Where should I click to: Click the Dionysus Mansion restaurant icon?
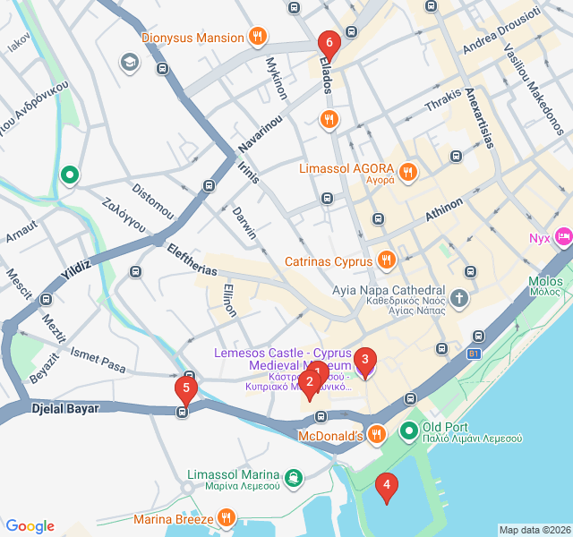(x=258, y=38)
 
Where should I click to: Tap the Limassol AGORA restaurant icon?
(x=408, y=170)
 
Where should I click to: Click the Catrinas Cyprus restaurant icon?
(x=386, y=261)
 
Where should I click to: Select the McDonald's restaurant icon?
(x=376, y=435)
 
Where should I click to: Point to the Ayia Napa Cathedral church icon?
(x=459, y=297)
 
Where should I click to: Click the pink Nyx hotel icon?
(x=563, y=237)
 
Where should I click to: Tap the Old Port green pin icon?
(x=409, y=432)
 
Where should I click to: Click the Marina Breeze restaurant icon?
(x=227, y=518)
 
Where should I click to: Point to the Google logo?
(x=30, y=526)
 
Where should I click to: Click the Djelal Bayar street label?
(x=64, y=408)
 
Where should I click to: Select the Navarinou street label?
(x=261, y=132)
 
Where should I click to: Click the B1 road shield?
(x=473, y=354)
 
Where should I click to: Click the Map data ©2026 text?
(x=535, y=530)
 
